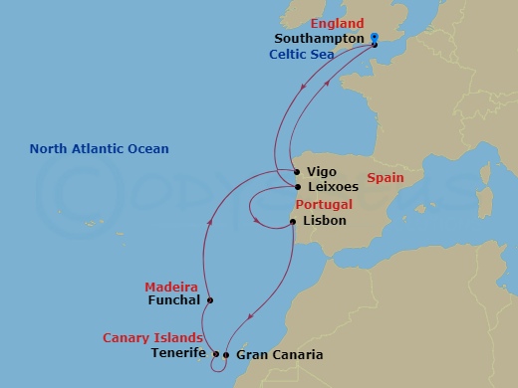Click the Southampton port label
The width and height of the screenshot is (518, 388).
click(x=319, y=39)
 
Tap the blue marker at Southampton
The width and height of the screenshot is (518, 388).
click(x=375, y=39)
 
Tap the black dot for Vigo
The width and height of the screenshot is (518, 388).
click(x=297, y=172)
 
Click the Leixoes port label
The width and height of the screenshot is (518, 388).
click(x=334, y=186)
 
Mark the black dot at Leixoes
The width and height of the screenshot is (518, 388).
click(x=297, y=186)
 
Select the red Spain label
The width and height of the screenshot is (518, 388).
click(x=385, y=179)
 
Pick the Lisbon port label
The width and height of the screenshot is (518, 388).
click(x=324, y=221)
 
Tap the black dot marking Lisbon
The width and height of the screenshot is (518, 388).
click(x=292, y=222)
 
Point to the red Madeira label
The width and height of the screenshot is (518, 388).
click(x=170, y=287)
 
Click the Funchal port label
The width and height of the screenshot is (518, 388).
click(x=174, y=299)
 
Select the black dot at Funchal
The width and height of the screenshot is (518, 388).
click(x=209, y=299)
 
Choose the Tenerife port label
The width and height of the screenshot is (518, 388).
click(x=178, y=353)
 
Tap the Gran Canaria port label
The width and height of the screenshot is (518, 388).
click(x=280, y=354)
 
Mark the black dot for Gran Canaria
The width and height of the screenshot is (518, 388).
click(x=226, y=355)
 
